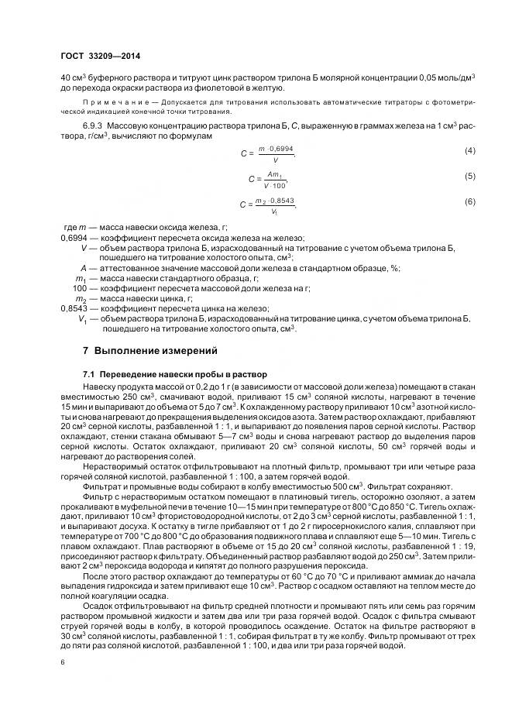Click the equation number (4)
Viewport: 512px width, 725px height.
pos(469,149)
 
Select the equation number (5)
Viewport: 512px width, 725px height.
pos(469,177)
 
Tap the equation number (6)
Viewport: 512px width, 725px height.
pos(469,202)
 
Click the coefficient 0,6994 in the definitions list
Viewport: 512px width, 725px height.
pos(75,238)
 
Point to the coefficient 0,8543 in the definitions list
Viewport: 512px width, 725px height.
pos(75,308)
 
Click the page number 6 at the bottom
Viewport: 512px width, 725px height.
pos(62,662)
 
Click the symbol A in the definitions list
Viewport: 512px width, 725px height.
pos(84,267)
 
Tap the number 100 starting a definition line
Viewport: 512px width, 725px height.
pos(80,287)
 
